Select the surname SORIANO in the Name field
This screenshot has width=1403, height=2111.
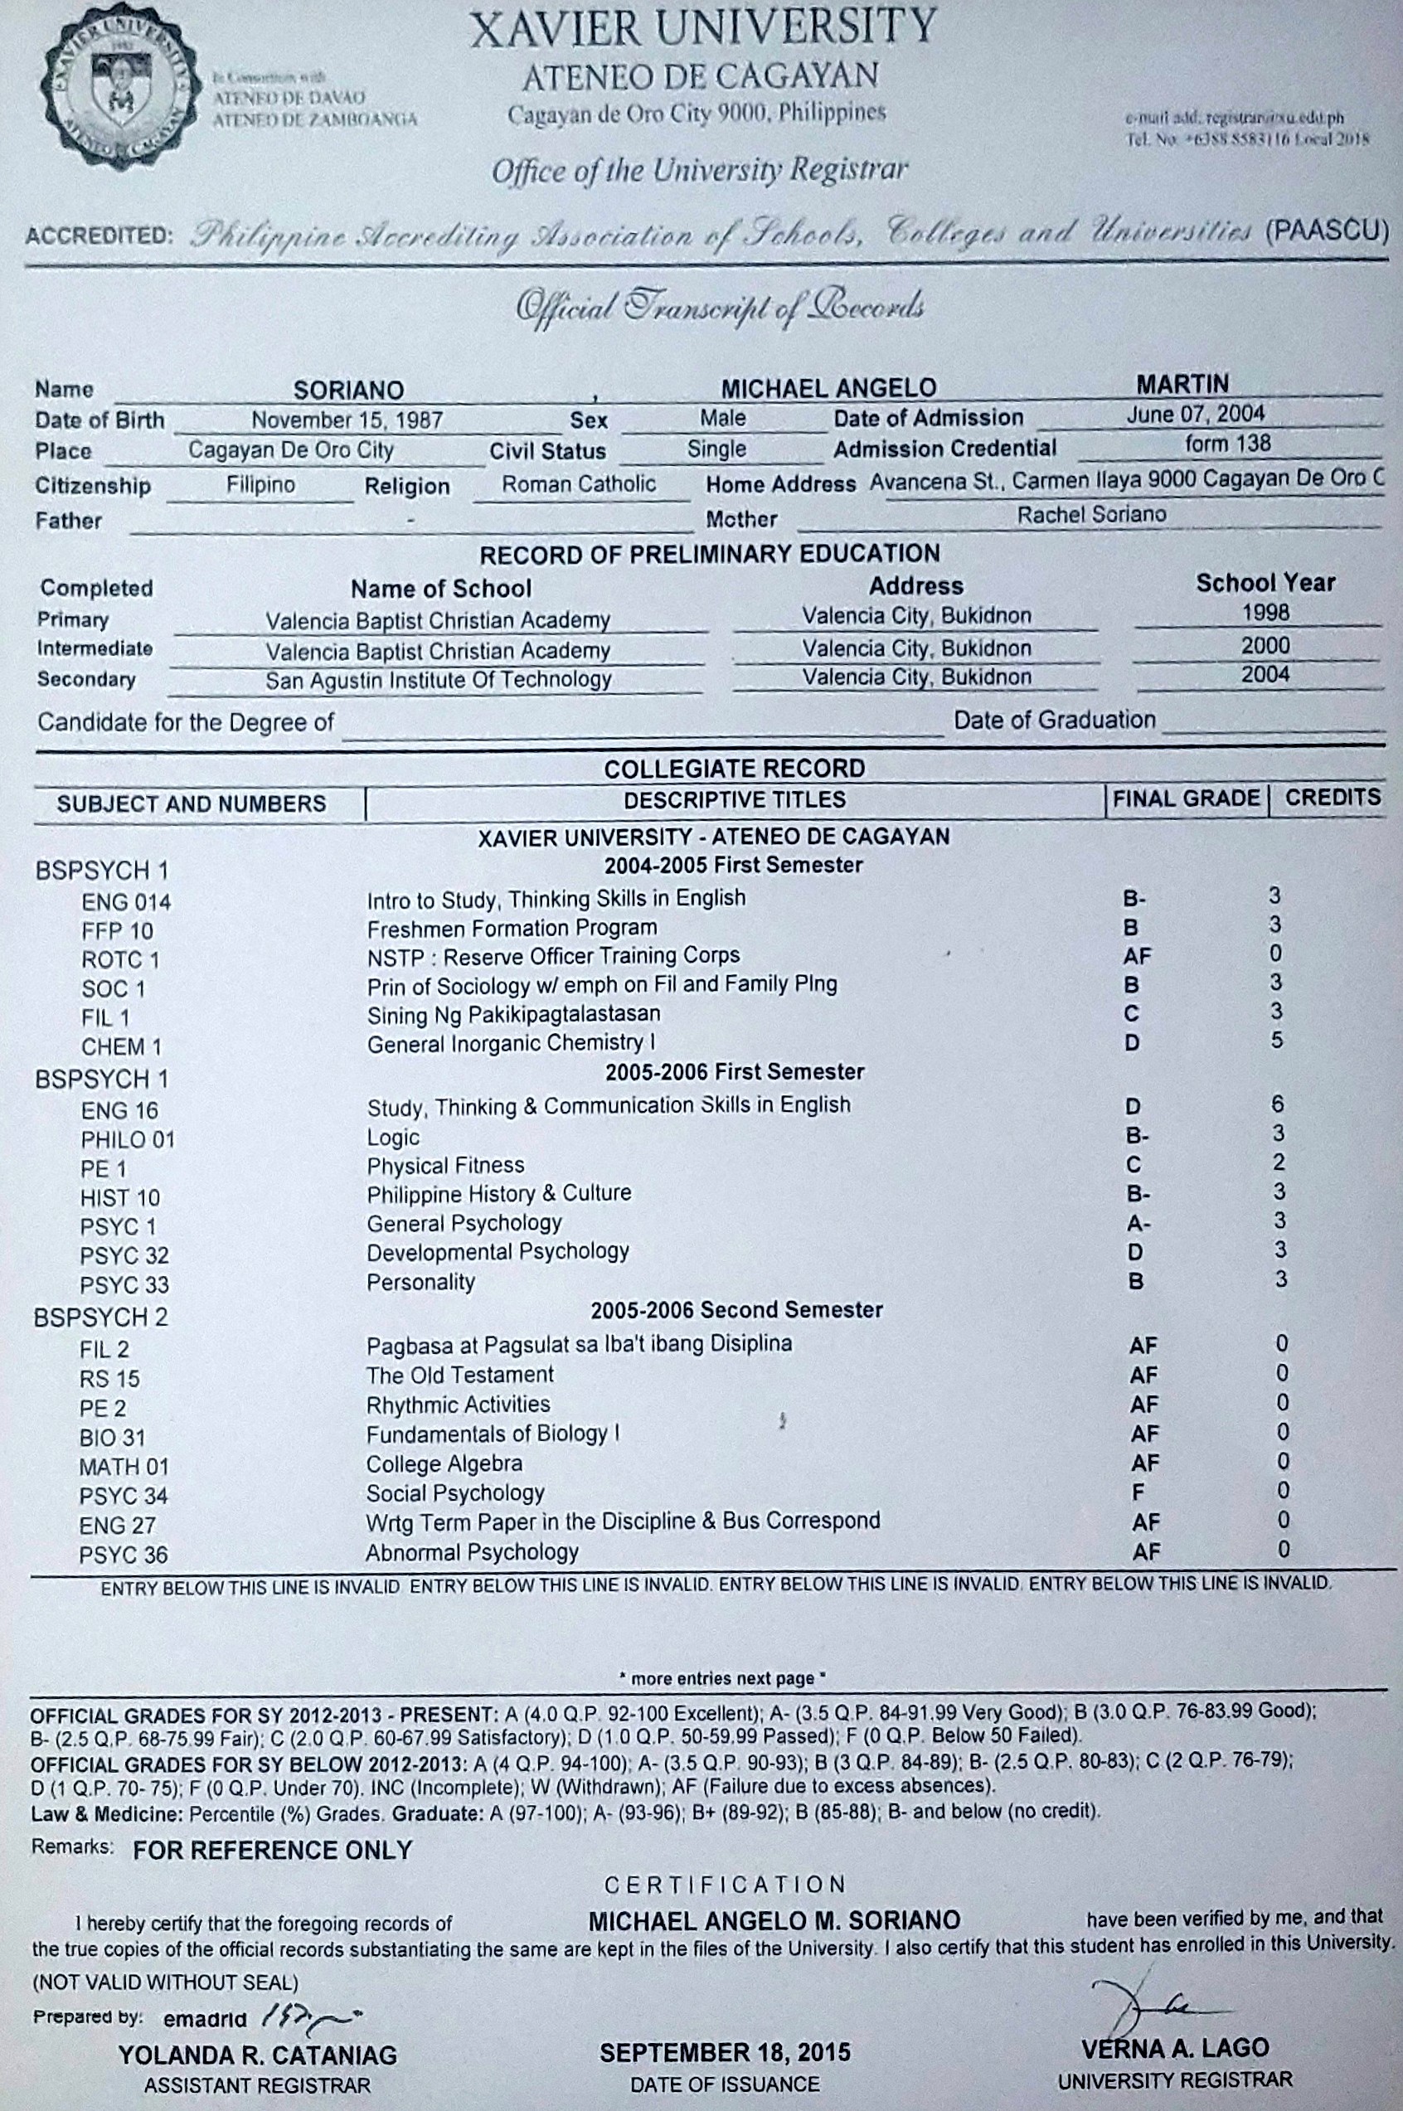tap(349, 390)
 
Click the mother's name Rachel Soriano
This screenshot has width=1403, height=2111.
tap(1091, 514)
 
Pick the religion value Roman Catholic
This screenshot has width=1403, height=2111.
tap(578, 484)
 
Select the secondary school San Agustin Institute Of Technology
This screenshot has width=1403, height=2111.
tap(439, 680)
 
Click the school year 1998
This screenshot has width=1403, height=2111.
tap(1265, 613)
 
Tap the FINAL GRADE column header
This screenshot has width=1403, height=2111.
tap(1186, 798)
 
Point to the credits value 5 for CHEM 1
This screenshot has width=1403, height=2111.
tap(1277, 1041)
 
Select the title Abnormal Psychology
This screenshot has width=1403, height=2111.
tap(472, 1552)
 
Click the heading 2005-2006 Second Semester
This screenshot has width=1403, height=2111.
tap(735, 1309)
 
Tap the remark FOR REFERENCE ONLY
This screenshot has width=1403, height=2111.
tap(273, 1850)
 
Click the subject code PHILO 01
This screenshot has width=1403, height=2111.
tap(127, 1139)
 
